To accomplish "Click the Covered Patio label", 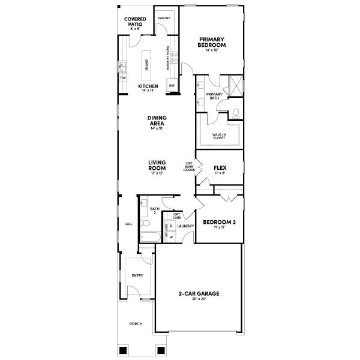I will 135,22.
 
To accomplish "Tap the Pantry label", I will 164,18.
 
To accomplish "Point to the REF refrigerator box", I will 172,86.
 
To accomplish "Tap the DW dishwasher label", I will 123,78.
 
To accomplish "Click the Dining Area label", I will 157,121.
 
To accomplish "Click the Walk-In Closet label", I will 219,136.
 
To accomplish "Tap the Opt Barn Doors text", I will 189,166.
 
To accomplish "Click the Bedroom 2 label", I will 219,223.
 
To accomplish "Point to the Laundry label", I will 185,226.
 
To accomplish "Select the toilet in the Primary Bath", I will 236,112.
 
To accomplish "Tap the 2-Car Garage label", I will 199,293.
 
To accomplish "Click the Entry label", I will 138,275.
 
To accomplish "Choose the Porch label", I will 136,324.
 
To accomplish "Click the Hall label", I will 128,224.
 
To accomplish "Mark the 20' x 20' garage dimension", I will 199,299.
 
